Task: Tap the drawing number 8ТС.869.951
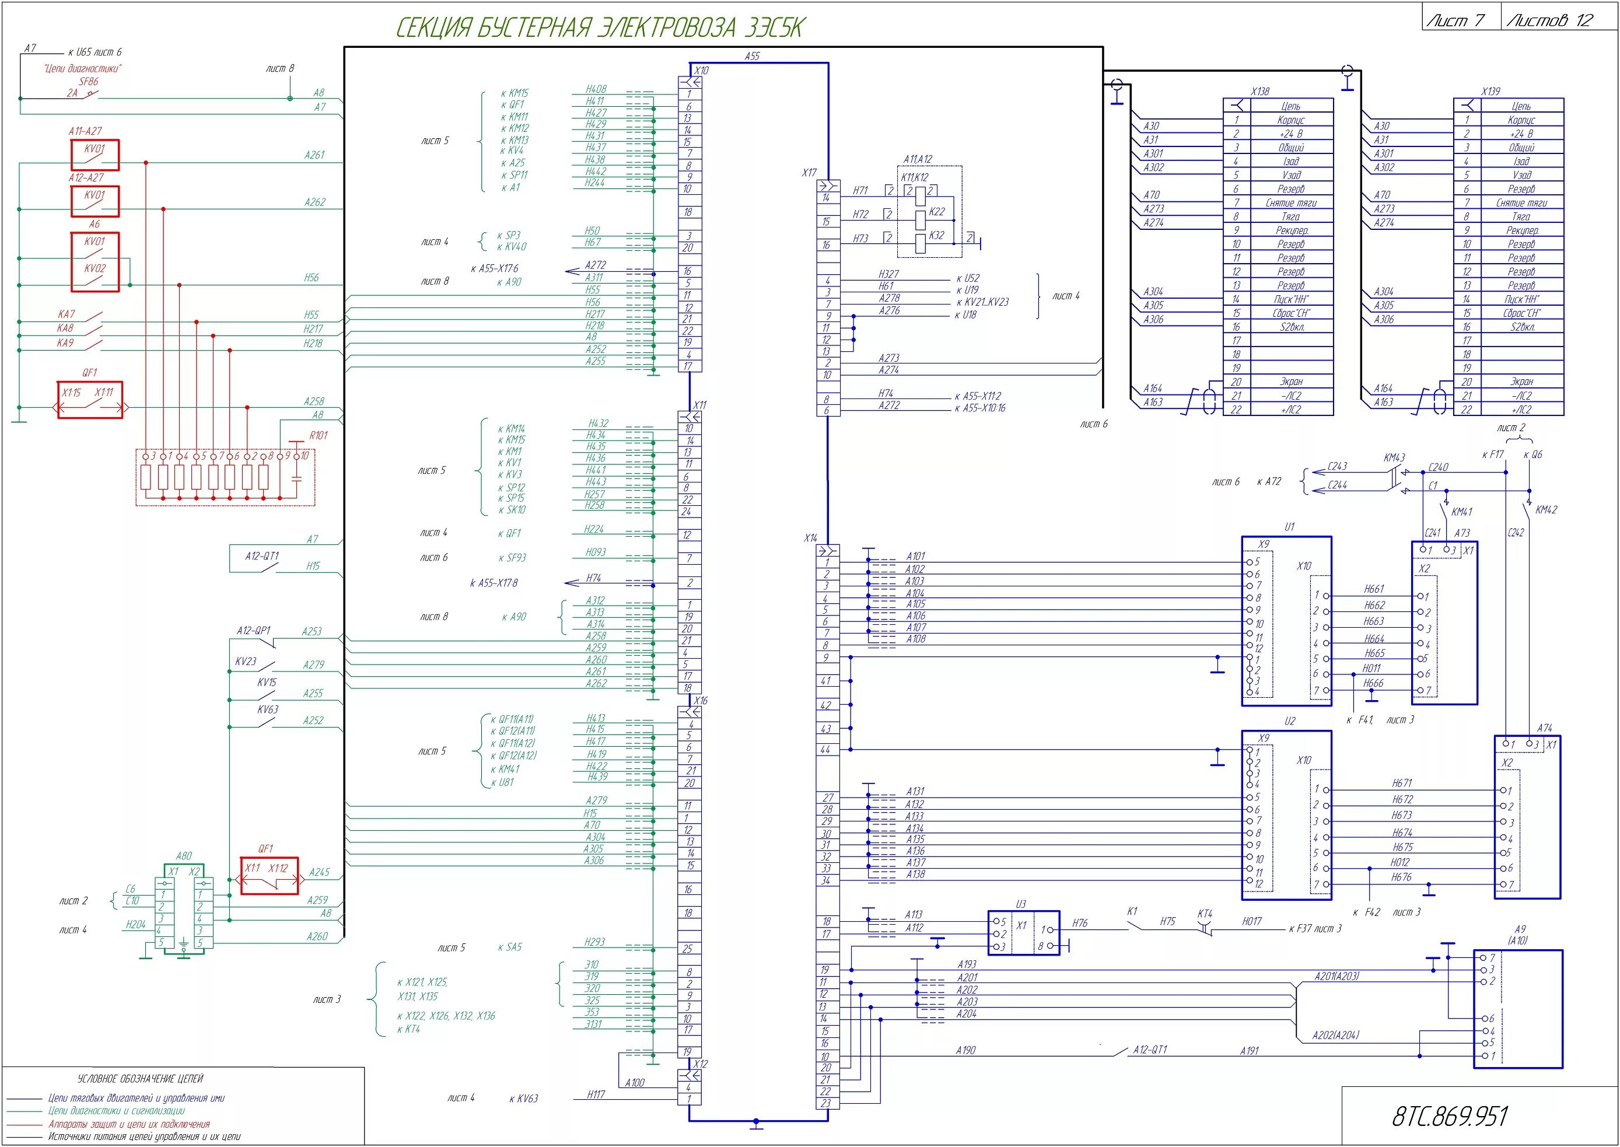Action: [1450, 1116]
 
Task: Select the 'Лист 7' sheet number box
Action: [1460, 20]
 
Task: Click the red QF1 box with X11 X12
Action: [269, 876]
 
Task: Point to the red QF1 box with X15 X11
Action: [90, 400]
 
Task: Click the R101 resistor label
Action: [319, 436]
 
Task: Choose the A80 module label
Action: [184, 856]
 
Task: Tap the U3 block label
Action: [1020, 904]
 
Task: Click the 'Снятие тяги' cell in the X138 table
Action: [1291, 202]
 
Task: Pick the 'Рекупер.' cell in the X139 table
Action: [1521, 230]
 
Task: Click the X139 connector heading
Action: [1490, 92]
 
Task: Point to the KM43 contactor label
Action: [1394, 457]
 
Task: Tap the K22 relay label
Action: [937, 211]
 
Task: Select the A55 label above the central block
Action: [752, 56]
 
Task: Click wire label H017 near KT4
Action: [1251, 921]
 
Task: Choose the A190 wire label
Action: [965, 1050]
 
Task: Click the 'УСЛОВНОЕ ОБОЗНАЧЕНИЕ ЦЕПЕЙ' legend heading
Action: [140, 1079]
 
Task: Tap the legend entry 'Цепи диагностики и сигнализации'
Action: [117, 1111]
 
